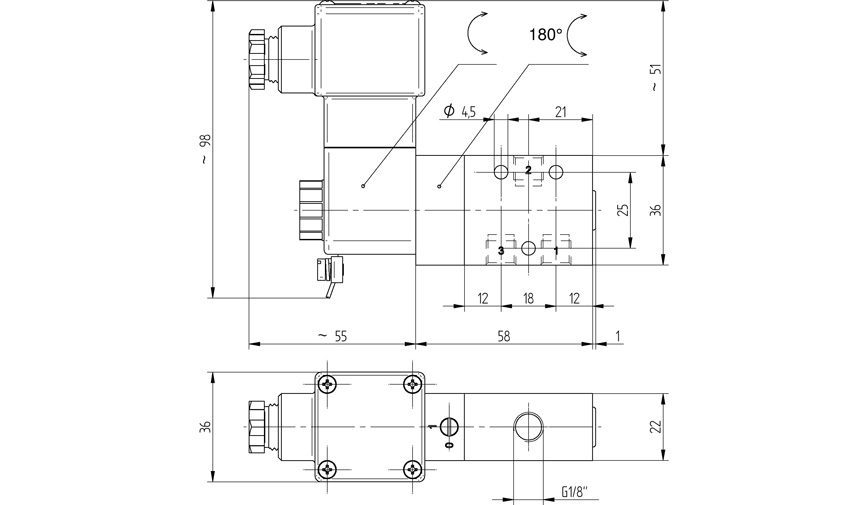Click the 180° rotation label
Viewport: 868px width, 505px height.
pyautogui.click(x=545, y=34)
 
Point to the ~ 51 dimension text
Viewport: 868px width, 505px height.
pyautogui.click(x=655, y=78)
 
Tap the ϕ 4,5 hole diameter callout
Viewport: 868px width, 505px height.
pyautogui.click(x=460, y=112)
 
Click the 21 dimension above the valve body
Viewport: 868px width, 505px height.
pyautogui.click(x=561, y=112)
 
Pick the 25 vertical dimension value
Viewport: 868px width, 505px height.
pyautogui.click(x=621, y=210)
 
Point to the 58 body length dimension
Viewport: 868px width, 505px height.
pyautogui.click(x=504, y=337)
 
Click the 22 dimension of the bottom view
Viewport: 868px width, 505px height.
pyautogui.click(x=655, y=426)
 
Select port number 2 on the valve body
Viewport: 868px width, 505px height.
pyautogui.click(x=528, y=170)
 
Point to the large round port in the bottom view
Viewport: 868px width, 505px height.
pyautogui.click(x=527, y=426)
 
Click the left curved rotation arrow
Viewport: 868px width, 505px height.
pyautogui.click(x=475, y=34)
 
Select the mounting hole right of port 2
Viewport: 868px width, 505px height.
pyautogui.click(x=557, y=170)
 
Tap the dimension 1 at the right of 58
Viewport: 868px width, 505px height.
pyautogui.click(x=619, y=337)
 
